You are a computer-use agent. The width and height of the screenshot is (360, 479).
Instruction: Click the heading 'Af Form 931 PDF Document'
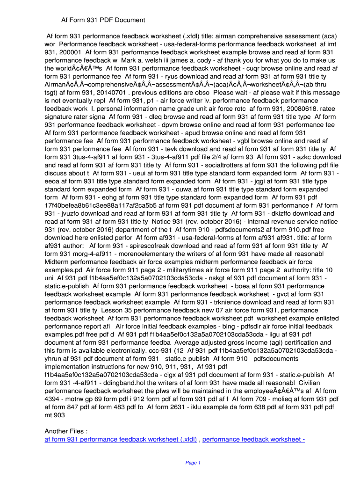[x=103, y=20]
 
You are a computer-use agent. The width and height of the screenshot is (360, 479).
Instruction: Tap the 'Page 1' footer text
[x=193, y=463]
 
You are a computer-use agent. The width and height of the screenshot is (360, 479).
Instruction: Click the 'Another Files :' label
[x=66, y=431]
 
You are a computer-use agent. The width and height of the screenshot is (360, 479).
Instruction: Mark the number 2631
[x=167, y=407]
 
